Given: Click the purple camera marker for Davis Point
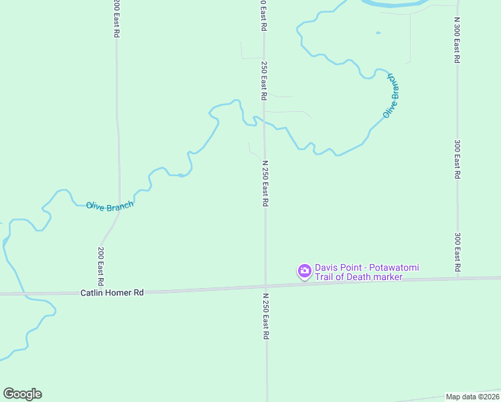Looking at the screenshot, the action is pos(304,271).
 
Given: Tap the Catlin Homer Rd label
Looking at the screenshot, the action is pos(113,293).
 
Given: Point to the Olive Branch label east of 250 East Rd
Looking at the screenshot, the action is pos(392,95).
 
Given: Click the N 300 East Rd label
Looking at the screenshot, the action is pos(456,40).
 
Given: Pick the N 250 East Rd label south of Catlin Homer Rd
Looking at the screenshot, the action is pos(265,316).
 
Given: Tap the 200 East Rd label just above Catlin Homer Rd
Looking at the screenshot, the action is pos(100,264).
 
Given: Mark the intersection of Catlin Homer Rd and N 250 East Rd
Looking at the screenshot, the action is pos(266,287).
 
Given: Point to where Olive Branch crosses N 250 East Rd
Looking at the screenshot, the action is pos(265,123).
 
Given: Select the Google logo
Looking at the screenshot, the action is pos(22,394).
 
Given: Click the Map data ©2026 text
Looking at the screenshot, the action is pos(472,397).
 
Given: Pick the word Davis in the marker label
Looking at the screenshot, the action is pos(326,267).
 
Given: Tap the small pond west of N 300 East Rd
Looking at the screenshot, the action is pos(378,33).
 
